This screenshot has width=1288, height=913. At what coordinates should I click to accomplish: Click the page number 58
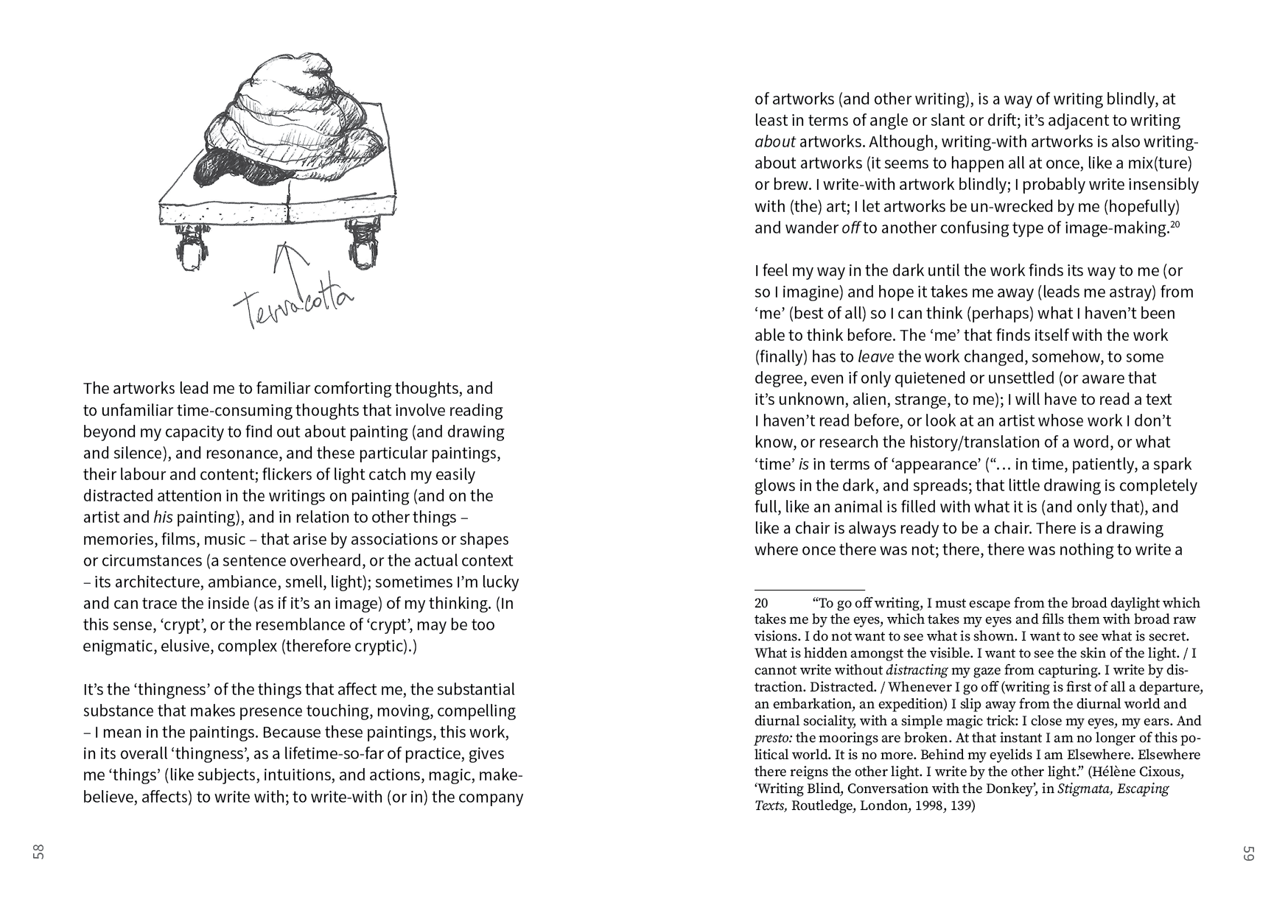click(x=38, y=852)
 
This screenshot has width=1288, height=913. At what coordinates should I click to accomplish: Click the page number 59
click(x=1248, y=853)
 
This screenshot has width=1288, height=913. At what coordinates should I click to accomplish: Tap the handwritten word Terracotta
click(x=293, y=303)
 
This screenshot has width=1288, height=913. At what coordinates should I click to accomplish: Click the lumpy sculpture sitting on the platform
click(x=287, y=125)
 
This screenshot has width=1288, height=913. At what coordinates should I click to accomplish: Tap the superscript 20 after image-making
click(x=1175, y=224)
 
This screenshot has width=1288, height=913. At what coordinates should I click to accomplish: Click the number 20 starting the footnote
click(x=761, y=603)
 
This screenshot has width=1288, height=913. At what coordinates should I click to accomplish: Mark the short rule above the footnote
click(x=809, y=590)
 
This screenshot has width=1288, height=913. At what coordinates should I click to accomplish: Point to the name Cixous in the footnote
click(x=1160, y=772)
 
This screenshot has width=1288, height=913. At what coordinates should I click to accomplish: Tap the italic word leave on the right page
click(x=875, y=357)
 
